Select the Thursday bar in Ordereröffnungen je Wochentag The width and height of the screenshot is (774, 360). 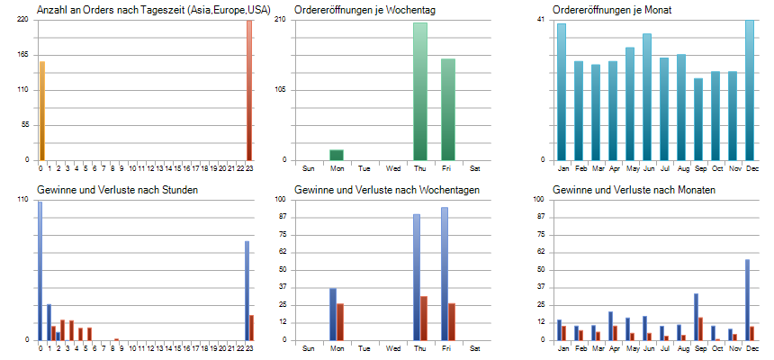420,91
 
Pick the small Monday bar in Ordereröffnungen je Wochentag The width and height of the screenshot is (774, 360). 337,155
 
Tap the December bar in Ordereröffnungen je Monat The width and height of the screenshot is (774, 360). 750,90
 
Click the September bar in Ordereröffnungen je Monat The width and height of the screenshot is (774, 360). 698,119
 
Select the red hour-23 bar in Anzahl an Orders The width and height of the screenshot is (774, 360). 249,90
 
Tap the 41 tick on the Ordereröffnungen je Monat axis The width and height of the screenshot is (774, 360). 541,20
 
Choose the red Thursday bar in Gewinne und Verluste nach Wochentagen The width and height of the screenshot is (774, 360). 424,318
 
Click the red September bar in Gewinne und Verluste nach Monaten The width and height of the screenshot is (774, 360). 700,328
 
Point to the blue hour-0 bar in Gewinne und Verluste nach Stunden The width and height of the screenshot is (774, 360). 40,270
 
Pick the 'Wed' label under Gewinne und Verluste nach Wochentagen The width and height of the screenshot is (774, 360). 393,347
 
